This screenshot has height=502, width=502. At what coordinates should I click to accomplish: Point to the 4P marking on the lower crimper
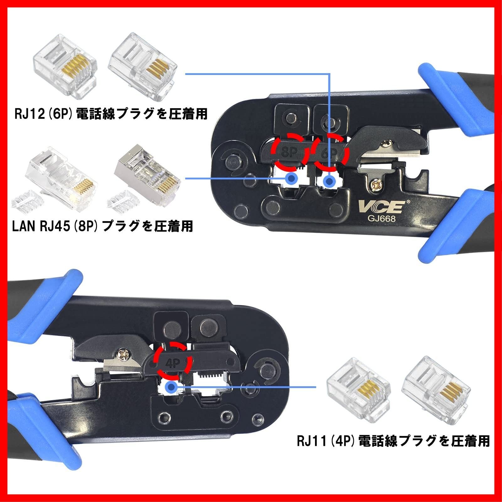(x=173, y=363)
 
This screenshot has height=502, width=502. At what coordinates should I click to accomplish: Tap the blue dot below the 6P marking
(x=329, y=181)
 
